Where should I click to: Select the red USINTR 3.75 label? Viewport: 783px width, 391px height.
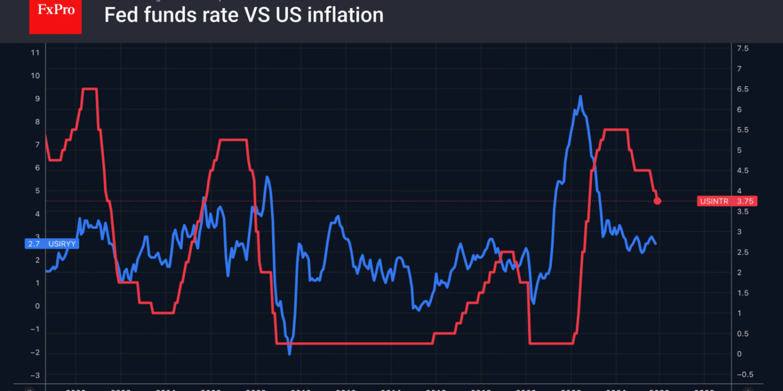click(727, 201)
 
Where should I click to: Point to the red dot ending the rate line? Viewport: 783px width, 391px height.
click(658, 200)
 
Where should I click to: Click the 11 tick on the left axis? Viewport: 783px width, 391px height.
click(35, 53)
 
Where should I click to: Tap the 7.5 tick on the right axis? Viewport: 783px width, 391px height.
click(743, 48)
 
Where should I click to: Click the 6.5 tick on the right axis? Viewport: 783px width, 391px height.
click(743, 89)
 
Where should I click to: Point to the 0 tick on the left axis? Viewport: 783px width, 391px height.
click(37, 306)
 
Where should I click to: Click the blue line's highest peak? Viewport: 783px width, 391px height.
click(579, 97)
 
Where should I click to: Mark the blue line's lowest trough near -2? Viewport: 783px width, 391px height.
click(289, 354)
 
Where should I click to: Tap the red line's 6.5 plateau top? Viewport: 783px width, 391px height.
click(89, 89)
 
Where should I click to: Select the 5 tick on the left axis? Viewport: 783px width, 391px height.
click(37, 191)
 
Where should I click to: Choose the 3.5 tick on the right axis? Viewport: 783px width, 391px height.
click(743, 211)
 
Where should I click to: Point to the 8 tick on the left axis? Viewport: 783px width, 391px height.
click(37, 122)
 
